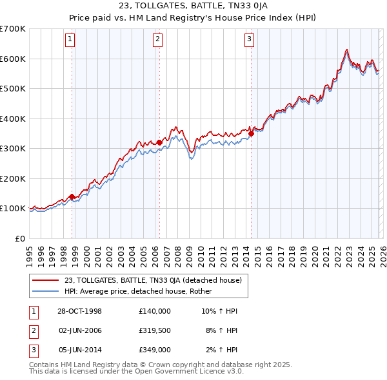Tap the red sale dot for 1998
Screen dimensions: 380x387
tap(72, 196)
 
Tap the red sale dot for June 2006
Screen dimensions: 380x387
tap(159, 143)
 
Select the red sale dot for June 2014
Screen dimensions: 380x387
tap(250, 134)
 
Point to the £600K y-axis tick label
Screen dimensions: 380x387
tap(13, 59)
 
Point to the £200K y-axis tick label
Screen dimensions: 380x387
tap(13, 178)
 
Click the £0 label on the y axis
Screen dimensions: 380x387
tap(19, 238)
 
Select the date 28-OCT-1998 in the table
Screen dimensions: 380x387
tap(79, 311)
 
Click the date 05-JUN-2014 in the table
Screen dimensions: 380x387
tap(79, 350)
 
